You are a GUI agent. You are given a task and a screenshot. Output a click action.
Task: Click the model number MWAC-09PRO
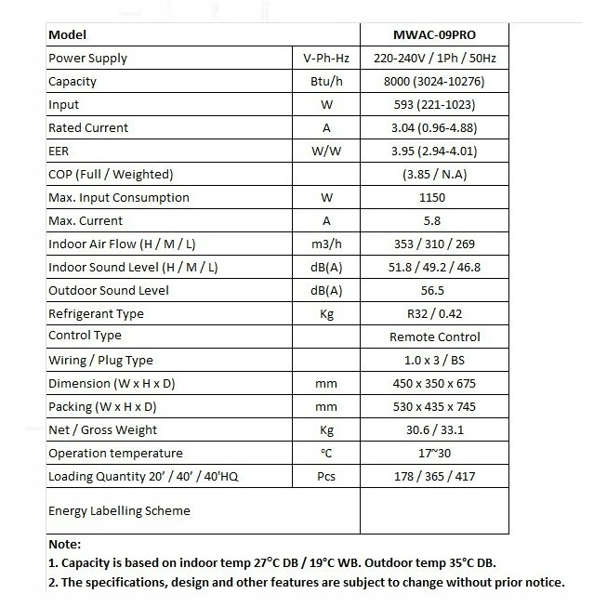[434, 35]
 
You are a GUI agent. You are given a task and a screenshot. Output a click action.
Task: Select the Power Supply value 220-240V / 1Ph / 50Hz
[434, 59]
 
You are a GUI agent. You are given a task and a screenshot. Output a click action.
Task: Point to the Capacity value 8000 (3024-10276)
[434, 82]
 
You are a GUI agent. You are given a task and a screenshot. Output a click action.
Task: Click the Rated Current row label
[88, 128]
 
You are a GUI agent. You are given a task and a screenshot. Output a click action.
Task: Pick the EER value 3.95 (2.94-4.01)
[434, 152]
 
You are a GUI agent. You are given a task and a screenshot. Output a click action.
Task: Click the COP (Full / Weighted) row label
[111, 175]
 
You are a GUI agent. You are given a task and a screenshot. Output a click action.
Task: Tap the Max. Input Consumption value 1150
[434, 198]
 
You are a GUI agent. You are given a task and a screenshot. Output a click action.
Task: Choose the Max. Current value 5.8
[434, 221]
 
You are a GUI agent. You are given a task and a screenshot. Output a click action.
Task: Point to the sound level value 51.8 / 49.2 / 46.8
[434, 268]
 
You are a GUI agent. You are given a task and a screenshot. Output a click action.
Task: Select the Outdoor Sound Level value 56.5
[434, 291]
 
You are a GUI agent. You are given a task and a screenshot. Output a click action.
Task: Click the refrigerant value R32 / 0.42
[434, 314]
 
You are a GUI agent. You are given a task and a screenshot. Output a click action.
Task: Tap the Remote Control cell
[434, 337]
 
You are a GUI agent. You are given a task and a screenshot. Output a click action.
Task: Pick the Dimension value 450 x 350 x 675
[434, 384]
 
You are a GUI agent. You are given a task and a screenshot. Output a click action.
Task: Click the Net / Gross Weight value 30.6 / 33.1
[434, 430]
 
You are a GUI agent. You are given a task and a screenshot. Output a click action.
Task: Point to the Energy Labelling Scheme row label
[119, 510]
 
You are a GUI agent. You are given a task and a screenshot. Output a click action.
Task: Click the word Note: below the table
[64, 545]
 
